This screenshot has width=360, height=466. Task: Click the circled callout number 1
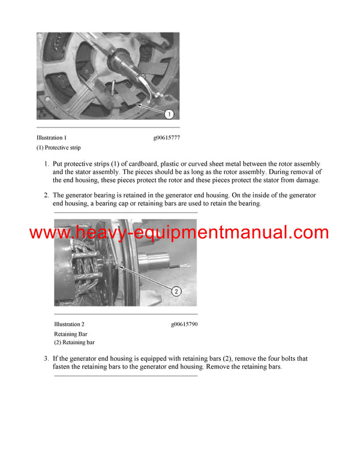pos(169,113)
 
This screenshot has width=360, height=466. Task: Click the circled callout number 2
pos(176,292)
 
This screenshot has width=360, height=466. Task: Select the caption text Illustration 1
pos(52,138)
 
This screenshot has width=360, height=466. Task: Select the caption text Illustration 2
pos(69,324)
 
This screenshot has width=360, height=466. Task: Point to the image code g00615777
pos(166,138)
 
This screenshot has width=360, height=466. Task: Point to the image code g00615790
pos(184,324)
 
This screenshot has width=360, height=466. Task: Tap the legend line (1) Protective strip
pos(58,148)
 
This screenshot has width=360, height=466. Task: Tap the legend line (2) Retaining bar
pos(74,342)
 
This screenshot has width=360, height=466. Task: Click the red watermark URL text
pos(179,233)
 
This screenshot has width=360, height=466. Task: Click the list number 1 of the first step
pos(46,164)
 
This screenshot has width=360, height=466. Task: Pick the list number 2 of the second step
pos(46,195)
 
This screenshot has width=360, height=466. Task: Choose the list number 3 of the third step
pos(46,359)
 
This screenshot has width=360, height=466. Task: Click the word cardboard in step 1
pos(153,164)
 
